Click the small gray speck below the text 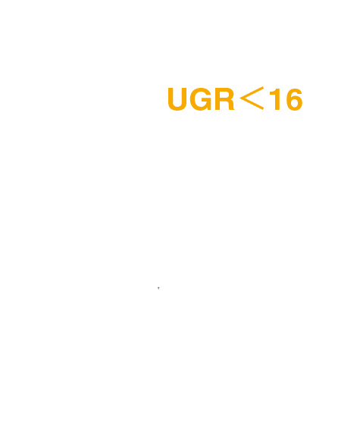click(x=158, y=288)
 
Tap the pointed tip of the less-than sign click(x=239, y=98)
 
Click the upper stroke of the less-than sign click(x=252, y=92)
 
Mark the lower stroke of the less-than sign click(x=252, y=104)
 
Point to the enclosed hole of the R click(x=224, y=95)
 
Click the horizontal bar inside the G click(x=207, y=101)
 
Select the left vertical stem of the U click(x=171, y=97)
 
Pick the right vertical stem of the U click(x=184, y=97)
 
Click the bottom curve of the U click(x=177, y=108)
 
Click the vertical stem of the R click(x=217, y=99)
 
